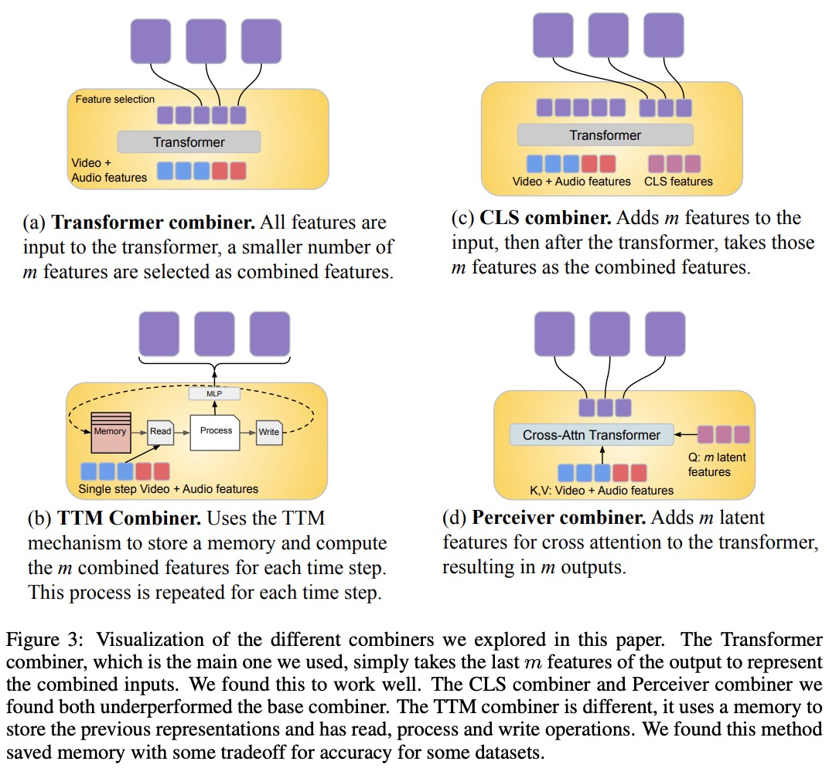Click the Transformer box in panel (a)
pos(189,142)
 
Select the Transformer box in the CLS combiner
pos(605,135)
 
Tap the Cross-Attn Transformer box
pos(592,435)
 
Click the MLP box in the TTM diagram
pos(214,394)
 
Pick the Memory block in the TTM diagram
pos(111,432)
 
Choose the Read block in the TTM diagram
pos(160,432)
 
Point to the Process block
pos(216,431)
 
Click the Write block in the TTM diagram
pos(268,432)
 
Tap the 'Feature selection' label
pos(115,100)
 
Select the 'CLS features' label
pos(678,182)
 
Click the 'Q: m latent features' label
pos(715,464)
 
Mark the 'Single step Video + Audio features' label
pos(169,489)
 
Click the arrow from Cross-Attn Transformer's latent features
pos(686,435)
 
